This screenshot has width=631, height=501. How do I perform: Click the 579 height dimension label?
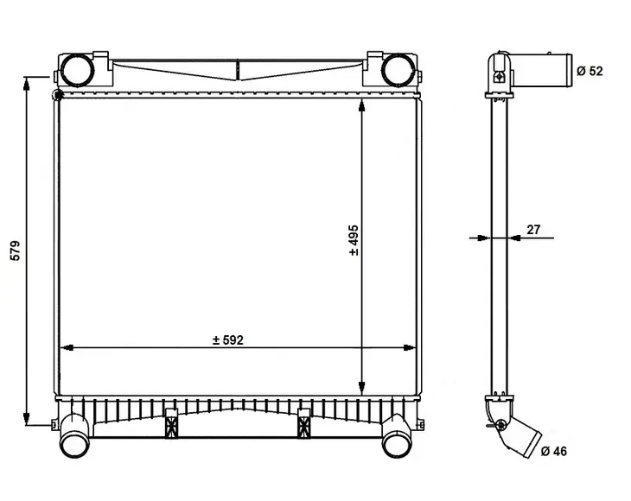pyautogui.click(x=15, y=250)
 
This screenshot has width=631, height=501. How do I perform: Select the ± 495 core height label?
pyautogui.click(x=354, y=240)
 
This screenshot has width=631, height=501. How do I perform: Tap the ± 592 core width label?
pyautogui.click(x=228, y=340)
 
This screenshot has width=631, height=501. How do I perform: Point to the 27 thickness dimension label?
pyautogui.click(x=533, y=230)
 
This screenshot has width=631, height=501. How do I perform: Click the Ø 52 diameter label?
pyautogui.click(x=590, y=71)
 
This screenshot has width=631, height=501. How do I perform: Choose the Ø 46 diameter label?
pyautogui.click(x=554, y=452)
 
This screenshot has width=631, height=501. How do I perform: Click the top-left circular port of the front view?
pyautogui.click(x=77, y=70)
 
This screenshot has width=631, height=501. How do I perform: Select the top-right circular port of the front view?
pyautogui.click(x=398, y=70)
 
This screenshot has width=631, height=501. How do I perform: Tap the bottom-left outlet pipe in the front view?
pyautogui.click(x=74, y=437)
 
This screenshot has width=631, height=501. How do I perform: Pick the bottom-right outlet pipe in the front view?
pyautogui.click(x=397, y=437)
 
